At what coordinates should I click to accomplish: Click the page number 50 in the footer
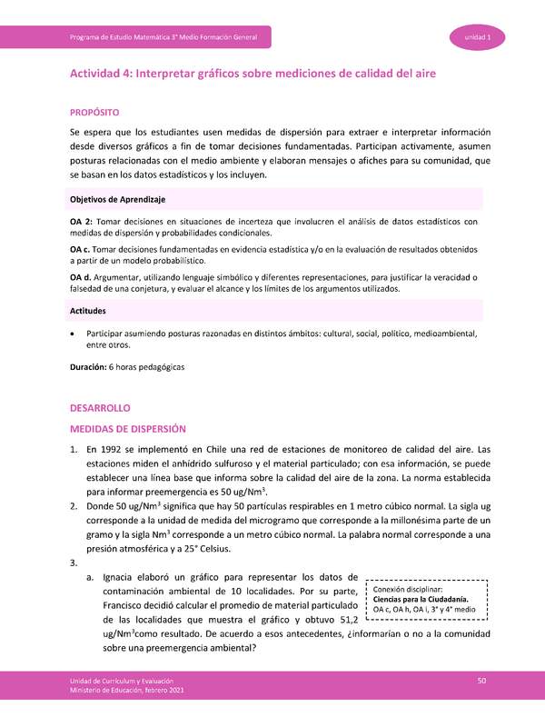pyautogui.click(x=482, y=682)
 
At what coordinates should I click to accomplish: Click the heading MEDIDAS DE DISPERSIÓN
pyautogui.click(x=128, y=429)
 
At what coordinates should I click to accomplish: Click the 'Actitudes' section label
pyautogui.click(x=88, y=311)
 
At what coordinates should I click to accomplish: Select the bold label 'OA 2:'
pyautogui.click(x=81, y=222)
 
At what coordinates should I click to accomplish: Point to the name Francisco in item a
pyautogui.click(x=128, y=603)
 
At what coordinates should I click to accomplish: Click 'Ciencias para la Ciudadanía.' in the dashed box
pyautogui.click(x=421, y=599)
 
